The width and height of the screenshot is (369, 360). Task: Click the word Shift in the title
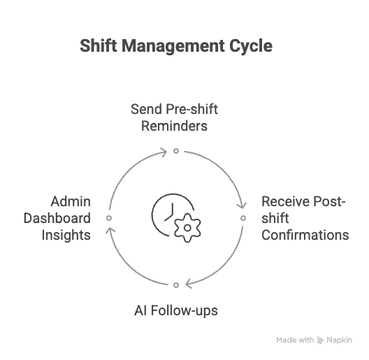coord(99,45)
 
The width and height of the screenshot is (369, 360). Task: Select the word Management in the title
coord(173,47)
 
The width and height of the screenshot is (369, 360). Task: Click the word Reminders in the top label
coord(174,126)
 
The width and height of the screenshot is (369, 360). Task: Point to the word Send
coord(146,109)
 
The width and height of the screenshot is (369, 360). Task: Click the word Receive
coord(286,201)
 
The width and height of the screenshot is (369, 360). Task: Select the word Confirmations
coord(305,235)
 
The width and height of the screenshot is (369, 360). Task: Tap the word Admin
coord(71,201)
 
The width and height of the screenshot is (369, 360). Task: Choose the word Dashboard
coord(57,218)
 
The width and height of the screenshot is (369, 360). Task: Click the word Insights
coord(66,235)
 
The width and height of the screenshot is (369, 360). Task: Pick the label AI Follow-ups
coord(176,310)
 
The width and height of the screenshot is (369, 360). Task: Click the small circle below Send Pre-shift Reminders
coord(176,151)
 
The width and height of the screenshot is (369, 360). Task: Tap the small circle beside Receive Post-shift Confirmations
coord(243,218)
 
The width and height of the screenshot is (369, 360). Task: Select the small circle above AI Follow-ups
coord(176,285)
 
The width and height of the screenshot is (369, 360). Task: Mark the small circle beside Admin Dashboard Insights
coord(109,218)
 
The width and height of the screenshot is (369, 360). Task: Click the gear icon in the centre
coord(187,228)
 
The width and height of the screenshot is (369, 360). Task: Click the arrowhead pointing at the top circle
coord(164,152)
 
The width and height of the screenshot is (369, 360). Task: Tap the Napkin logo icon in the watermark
coord(320,340)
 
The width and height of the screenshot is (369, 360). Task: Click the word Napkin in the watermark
coord(340,340)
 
